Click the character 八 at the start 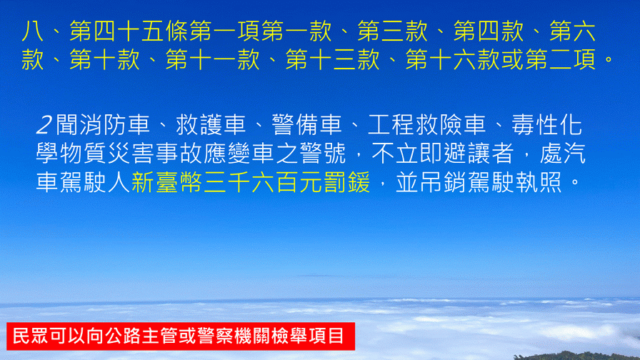pos(33,31)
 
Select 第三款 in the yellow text pos(393,31)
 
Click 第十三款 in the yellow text pos(333,59)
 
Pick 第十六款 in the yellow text pos(453,59)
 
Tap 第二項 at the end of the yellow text pos(561,59)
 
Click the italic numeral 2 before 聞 pos(44,125)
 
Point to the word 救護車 pos(211,124)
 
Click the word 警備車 pos(307,124)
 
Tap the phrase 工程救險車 pos(427,124)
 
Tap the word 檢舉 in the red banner pos(289,336)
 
